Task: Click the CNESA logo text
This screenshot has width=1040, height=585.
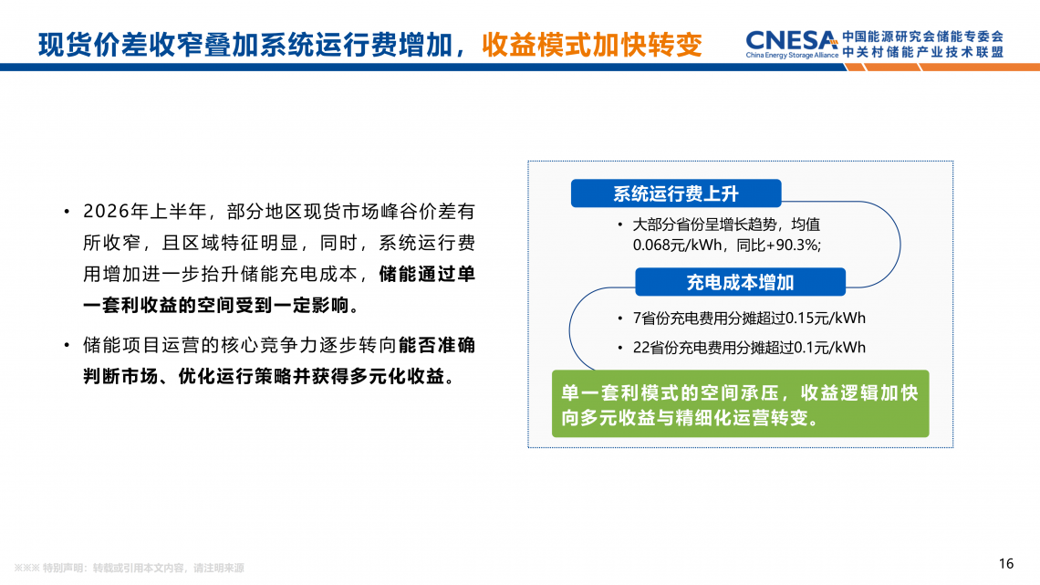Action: [x=791, y=40]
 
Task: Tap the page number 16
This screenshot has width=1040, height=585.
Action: [x=1005, y=564]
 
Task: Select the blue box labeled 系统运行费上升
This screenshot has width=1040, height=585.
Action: [x=676, y=193]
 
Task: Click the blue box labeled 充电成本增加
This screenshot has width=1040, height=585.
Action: [x=740, y=283]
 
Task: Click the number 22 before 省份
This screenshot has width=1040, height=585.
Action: [x=641, y=348]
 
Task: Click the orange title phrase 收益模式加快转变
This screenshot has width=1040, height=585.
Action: [x=592, y=45]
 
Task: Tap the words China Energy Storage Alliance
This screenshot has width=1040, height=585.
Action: [x=792, y=55]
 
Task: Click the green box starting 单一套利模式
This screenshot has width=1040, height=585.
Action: [x=740, y=403]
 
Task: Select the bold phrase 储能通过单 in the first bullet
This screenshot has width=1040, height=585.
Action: [x=427, y=274]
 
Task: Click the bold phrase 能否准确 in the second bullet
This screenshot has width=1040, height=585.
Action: [x=437, y=345]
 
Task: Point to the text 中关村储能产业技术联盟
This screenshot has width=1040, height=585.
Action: [x=923, y=52]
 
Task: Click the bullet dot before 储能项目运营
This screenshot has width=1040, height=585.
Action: [x=67, y=346]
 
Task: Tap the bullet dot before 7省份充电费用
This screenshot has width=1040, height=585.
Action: [x=620, y=319]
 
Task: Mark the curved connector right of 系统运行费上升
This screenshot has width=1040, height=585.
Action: [x=900, y=245]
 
